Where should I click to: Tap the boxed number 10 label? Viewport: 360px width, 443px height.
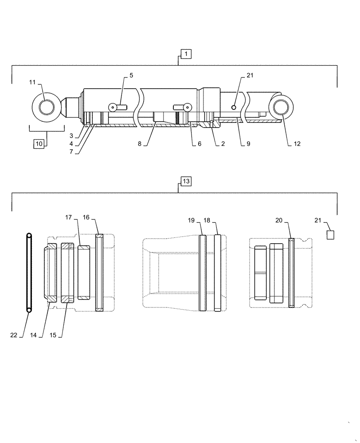[39, 144]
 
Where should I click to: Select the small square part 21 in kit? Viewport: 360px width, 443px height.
[330, 234]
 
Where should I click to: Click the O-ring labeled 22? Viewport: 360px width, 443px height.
[29, 272]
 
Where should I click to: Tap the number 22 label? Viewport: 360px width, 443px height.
[14, 335]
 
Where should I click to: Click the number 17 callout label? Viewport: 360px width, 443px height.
[68, 218]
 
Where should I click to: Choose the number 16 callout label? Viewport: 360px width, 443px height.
[86, 218]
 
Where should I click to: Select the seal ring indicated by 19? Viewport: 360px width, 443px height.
[203, 273]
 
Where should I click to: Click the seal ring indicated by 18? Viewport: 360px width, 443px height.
[218, 273]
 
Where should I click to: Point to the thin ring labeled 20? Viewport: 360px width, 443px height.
[291, 272]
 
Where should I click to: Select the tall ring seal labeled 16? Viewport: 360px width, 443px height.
[99, 272]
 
